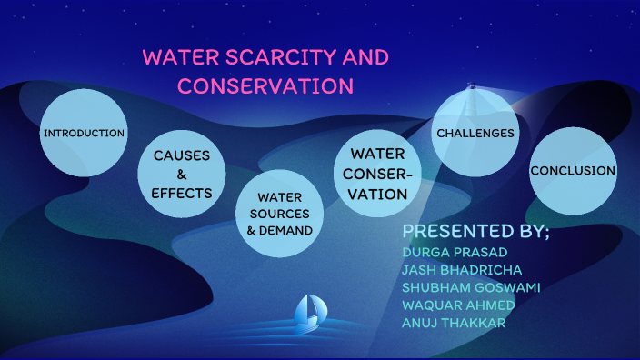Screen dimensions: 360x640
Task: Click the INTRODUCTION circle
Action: coord(84,134)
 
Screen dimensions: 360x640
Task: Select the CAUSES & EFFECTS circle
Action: coord(182,174)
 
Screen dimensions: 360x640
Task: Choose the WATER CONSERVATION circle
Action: coord(378,174)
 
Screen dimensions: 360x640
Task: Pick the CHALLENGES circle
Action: coord(475,134)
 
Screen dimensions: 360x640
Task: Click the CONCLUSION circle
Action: coord(573,171)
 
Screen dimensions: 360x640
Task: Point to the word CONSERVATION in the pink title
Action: coord(265,86)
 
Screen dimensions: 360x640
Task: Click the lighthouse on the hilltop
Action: coord(471,90)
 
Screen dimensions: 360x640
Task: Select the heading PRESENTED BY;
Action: coord(475,230)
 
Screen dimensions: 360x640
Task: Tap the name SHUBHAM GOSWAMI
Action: coord(470,287)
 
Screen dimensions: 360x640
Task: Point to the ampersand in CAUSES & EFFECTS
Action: coord(182,174)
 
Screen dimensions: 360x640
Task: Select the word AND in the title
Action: coord(365,57)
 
